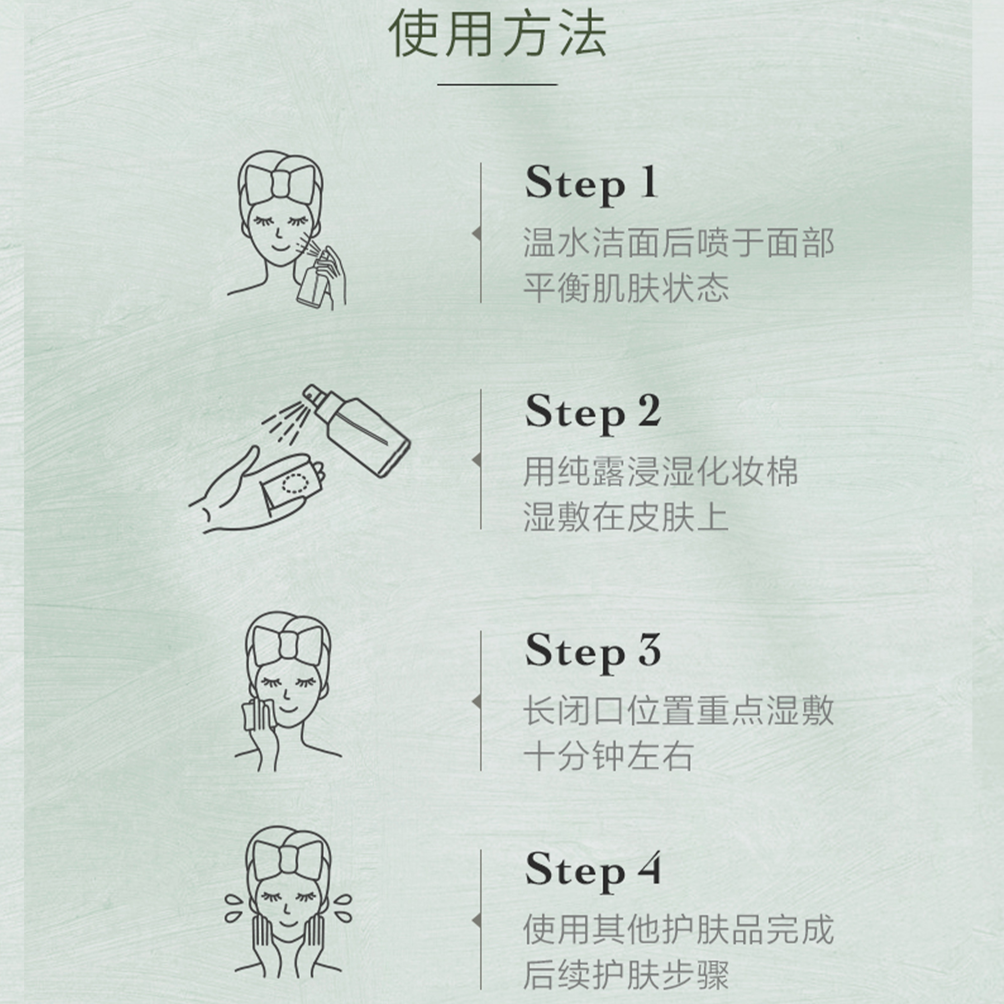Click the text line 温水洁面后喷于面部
679,242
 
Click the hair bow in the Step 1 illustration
281,184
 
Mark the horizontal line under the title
497,84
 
